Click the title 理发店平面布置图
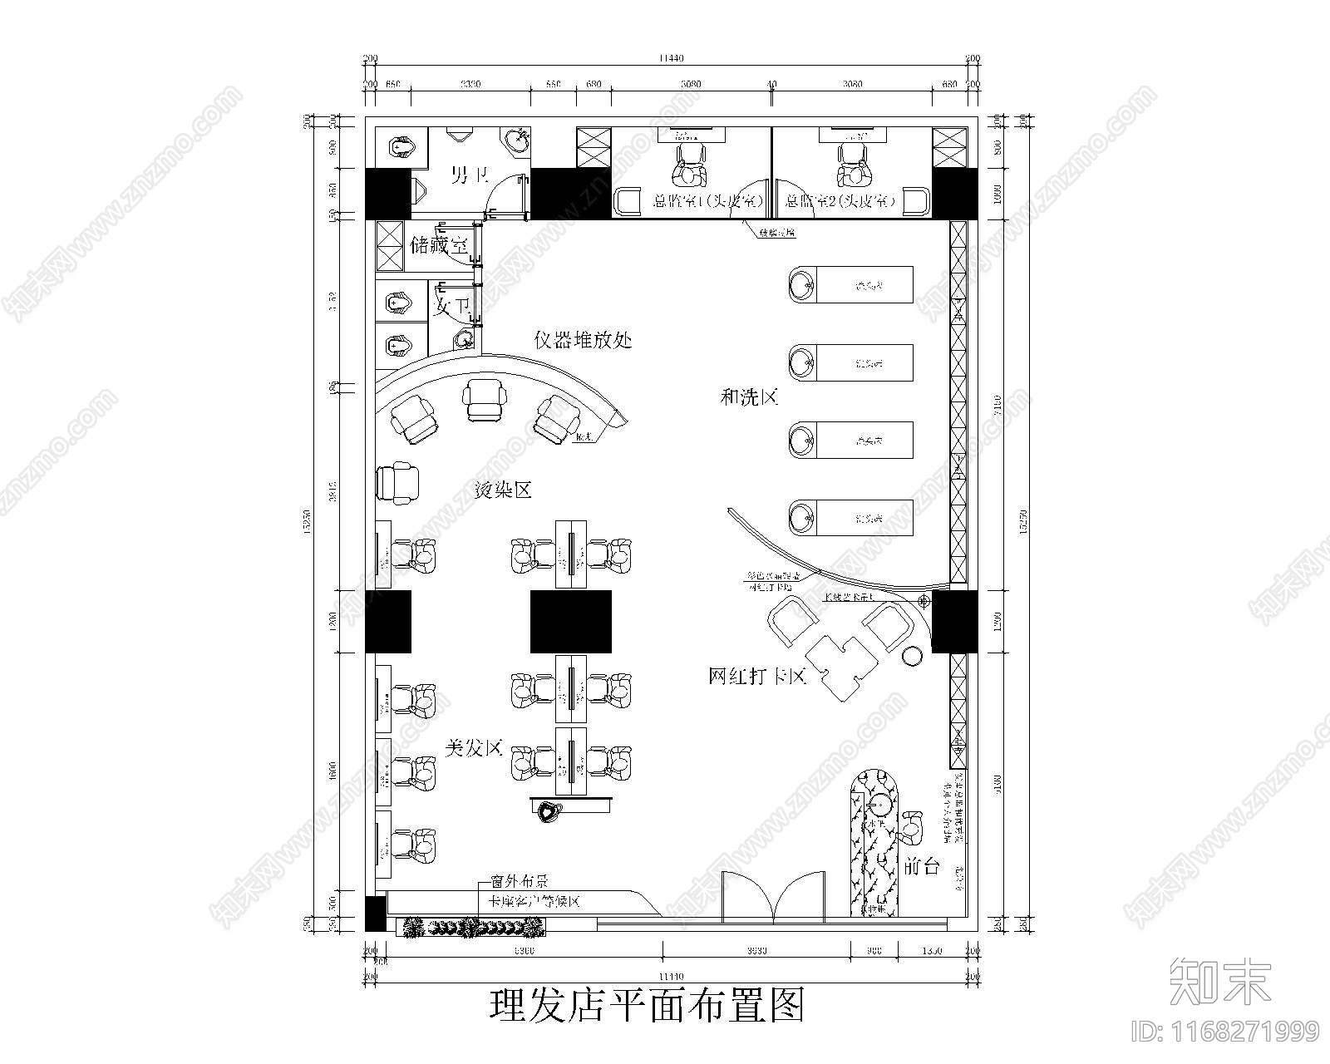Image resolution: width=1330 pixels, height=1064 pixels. pos(647,1006)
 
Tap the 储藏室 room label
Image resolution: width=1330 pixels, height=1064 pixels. pos(439,246)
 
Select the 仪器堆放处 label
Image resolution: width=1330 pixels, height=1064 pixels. pos(583,340)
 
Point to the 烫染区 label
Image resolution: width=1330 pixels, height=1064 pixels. pos(502,490)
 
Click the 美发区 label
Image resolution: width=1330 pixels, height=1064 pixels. pos(475,748)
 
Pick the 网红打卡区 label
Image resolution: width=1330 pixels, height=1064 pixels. pos(757,677)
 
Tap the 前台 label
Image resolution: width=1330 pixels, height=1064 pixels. pos(921,867)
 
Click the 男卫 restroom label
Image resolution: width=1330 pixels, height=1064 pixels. pos(469,175)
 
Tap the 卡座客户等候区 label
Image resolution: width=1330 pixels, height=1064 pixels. pos(533,902)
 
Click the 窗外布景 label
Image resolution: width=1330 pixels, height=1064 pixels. pos(516,881)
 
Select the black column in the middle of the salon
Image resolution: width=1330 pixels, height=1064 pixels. pos(571,621)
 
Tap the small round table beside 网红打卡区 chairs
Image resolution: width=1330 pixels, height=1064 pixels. pos(912,655)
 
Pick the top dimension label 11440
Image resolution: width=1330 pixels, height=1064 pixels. pos(670,58)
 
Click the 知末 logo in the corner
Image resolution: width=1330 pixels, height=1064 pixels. pos(1219,982)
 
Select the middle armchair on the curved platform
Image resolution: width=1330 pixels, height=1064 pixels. pos(484,400)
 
